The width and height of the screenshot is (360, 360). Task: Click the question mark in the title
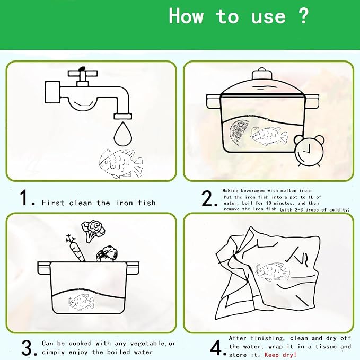[304, 15]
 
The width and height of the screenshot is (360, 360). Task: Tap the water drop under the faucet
[123, 134]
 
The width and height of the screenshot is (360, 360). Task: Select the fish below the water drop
[121, 163]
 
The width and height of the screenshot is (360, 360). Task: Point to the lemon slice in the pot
[239, 133]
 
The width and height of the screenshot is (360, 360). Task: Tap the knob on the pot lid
[262, 74]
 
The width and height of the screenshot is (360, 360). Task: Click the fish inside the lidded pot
[269, 136]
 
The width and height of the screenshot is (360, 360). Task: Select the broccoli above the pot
[93, 231]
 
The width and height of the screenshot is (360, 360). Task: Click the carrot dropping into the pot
[76, 249]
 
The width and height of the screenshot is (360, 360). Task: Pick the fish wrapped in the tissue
[273, 271]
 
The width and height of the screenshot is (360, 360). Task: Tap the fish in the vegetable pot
[81, 302]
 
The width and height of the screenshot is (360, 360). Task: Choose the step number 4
[216, 348]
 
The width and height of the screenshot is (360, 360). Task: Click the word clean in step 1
[81, 203]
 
